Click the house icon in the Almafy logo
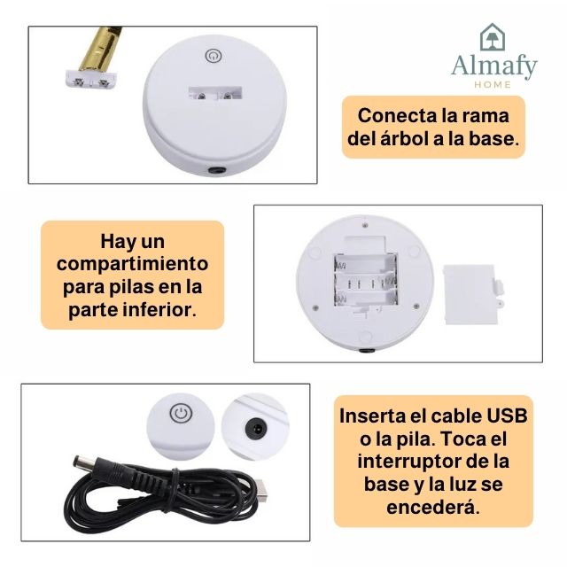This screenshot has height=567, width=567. [x=493, y=37]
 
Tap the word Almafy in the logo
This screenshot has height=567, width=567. [x=494, y=66]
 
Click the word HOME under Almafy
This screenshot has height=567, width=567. [x=493, y=85]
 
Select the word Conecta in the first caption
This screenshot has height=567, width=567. [x=398, y=116]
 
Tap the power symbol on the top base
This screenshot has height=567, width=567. [x=214, y=56]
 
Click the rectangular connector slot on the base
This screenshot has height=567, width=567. [x=215, y=93]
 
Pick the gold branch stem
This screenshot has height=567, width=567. [x=98, y=49]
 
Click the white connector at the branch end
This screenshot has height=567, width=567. [x=91, y=79]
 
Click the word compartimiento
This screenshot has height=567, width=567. [x=132, y=265]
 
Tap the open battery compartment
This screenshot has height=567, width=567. [x=366, y=279]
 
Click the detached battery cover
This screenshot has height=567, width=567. [x=473, y=294]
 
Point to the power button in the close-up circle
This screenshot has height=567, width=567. [x=181, y=414]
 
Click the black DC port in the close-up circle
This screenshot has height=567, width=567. [x=256, y=429]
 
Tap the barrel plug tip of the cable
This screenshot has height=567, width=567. [x=81, y=462]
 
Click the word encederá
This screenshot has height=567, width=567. [x=433, y=507]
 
